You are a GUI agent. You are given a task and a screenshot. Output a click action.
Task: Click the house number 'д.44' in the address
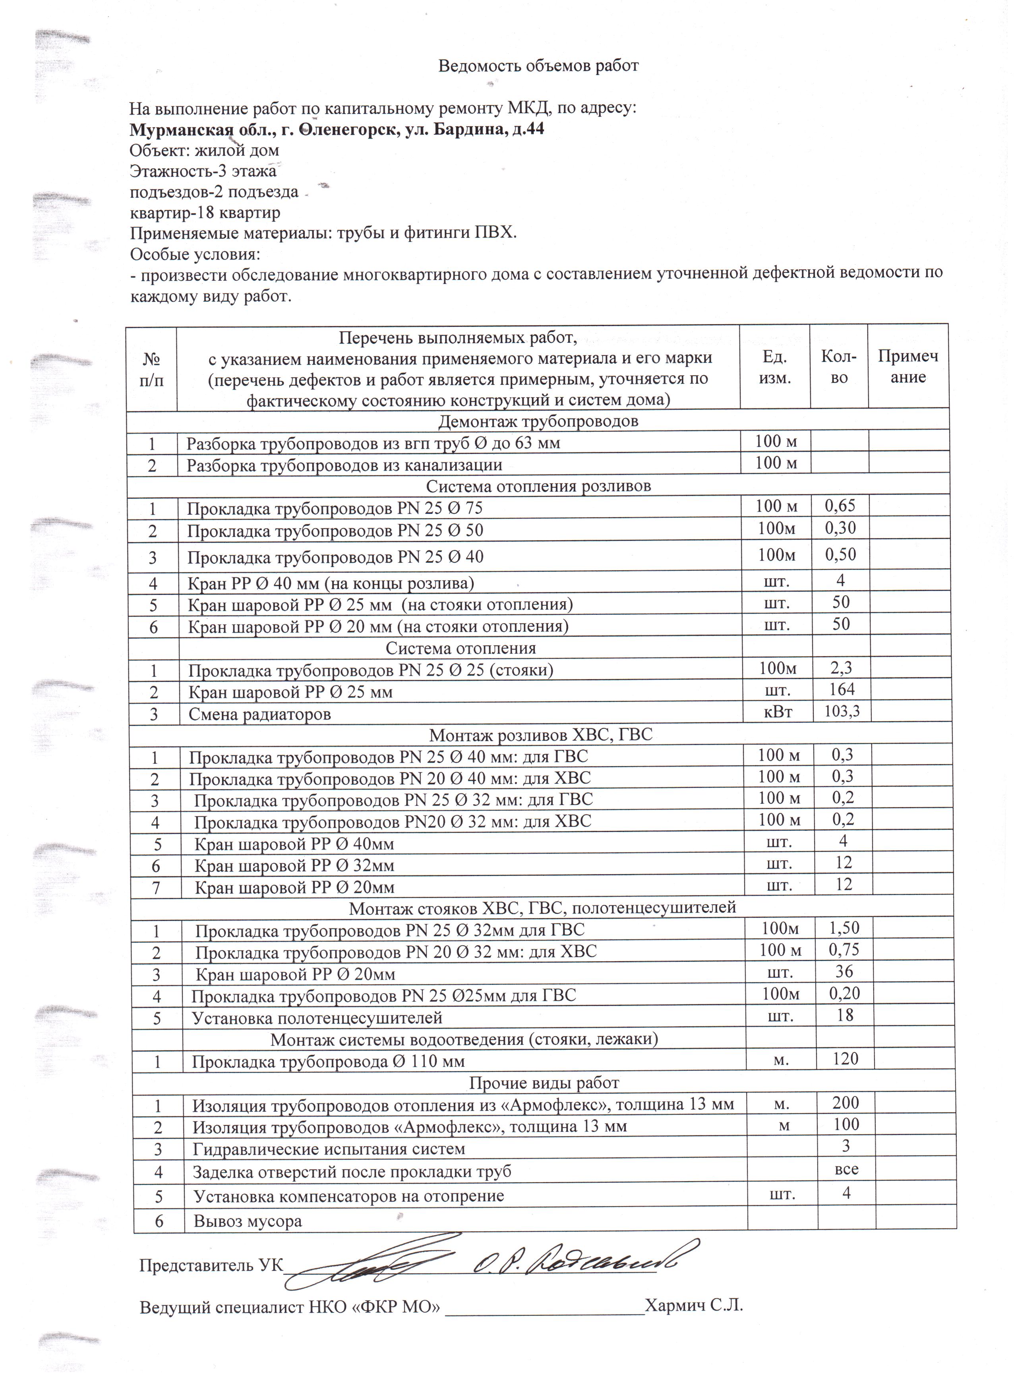point(528,130)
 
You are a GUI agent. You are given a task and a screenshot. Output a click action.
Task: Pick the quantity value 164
point(842,689)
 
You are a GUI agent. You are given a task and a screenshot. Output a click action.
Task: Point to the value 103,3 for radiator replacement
point(842,712)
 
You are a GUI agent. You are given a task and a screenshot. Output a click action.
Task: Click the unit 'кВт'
point(777,712)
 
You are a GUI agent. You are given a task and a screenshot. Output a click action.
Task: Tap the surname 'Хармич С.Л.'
point(694,1323)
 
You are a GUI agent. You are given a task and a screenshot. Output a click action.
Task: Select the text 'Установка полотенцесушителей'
point(317,1018)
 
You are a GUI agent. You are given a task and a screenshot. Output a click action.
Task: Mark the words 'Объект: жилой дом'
point(204,150)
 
